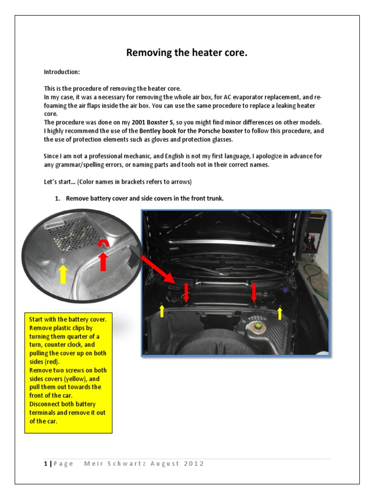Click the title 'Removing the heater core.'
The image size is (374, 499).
[187, 53]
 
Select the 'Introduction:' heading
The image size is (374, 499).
[62, 72]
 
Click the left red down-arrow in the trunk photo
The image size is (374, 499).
[187, 293]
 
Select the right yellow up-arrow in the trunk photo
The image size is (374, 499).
[280, 312]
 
